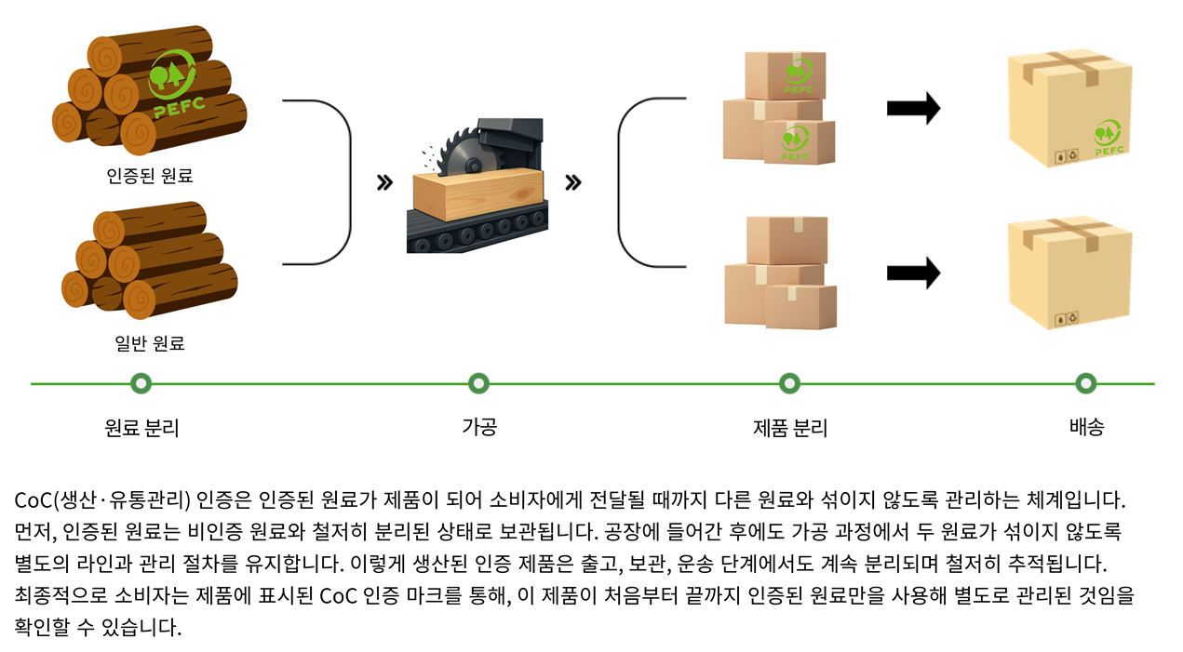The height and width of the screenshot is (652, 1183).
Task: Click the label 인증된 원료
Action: point(150,175)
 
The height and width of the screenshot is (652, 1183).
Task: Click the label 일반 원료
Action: point(150,343)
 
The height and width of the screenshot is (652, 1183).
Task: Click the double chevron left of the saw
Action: point(383,182)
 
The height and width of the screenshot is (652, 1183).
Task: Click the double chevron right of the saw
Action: point(573,182)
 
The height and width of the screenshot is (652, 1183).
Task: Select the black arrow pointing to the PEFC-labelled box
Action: point(913,109)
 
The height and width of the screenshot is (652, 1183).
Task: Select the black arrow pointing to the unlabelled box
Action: point(913,273)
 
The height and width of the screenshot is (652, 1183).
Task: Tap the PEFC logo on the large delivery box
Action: point(1109,137)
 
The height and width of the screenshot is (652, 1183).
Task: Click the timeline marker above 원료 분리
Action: point(141,383)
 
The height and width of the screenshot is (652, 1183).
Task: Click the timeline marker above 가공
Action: point(478,383)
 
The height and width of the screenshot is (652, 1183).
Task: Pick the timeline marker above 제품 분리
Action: point(789,383)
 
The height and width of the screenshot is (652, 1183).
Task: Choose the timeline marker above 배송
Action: point(1085,383)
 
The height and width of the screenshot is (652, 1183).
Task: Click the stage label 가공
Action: point(478,427)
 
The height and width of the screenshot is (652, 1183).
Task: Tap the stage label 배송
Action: point(1086,427)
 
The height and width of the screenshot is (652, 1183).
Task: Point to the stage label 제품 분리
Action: point(789,428)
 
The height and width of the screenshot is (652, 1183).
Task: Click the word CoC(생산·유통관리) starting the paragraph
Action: point(102,500)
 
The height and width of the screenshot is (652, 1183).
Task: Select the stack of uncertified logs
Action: point(148,261)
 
